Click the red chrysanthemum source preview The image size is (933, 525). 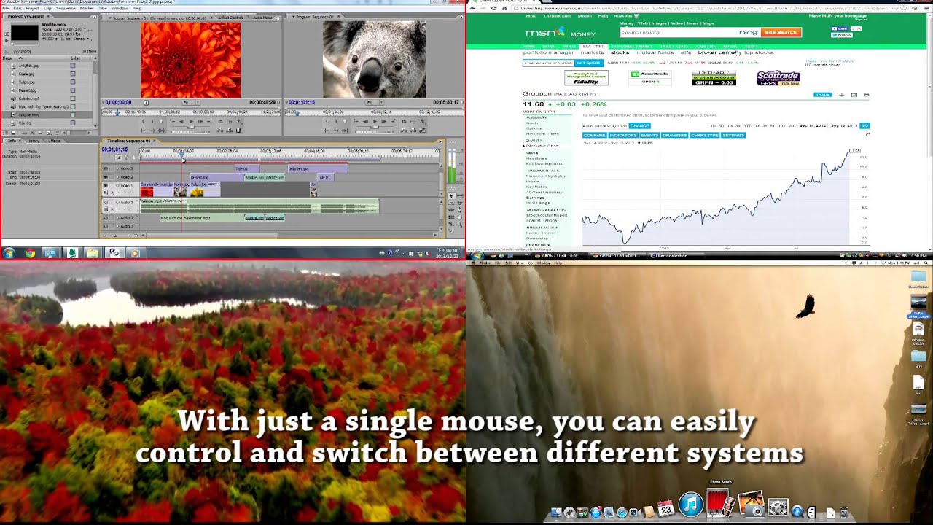click(x=190, y=59)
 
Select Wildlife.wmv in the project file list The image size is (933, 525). click(x=29, y=114)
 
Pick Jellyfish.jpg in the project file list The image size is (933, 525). click(x=28, y=66)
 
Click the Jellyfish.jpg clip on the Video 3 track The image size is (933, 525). click(x=299, y=168)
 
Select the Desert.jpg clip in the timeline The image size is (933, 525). click(x=200, y=177)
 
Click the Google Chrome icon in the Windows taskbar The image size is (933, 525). click(x=30, y=253)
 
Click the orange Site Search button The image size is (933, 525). click(x=781, y=32)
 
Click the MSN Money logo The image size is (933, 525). click(x=560, y=33)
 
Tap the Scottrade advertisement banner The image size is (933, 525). click(x=778, y=78)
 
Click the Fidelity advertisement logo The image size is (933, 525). click(x=586, y=78)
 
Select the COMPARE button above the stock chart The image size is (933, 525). click(x=594, y=135)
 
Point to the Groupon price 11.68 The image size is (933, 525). click(x=533, y=104)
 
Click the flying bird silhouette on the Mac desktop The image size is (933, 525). click(x=805, y=306)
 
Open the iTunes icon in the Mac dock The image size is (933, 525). click(x=690, y=505)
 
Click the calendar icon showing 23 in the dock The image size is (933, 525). click(x=665, y=509)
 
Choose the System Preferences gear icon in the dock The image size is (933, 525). click(x=778, y=507)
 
